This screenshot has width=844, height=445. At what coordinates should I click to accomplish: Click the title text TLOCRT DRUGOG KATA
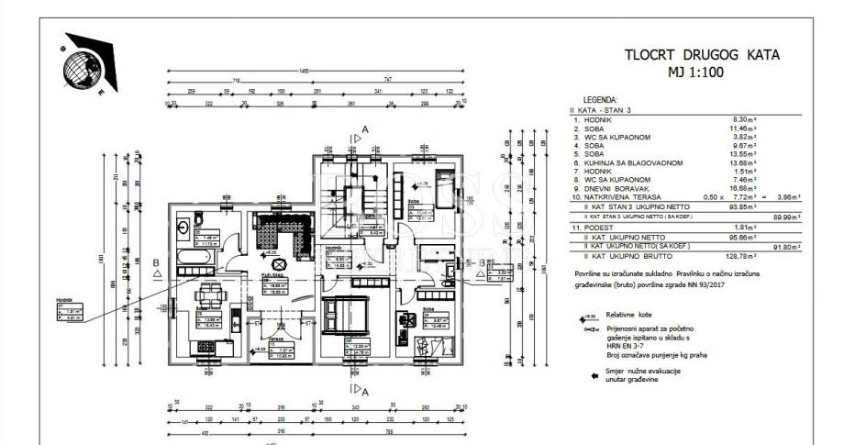702,54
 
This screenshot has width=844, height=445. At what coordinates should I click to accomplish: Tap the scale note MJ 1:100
702,71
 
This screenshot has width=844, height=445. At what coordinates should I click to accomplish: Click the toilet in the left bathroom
183,222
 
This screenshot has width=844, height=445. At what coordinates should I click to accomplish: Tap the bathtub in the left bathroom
195,258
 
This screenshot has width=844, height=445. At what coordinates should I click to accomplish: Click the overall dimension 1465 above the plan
316,72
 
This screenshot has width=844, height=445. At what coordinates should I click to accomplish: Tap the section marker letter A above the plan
364,130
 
